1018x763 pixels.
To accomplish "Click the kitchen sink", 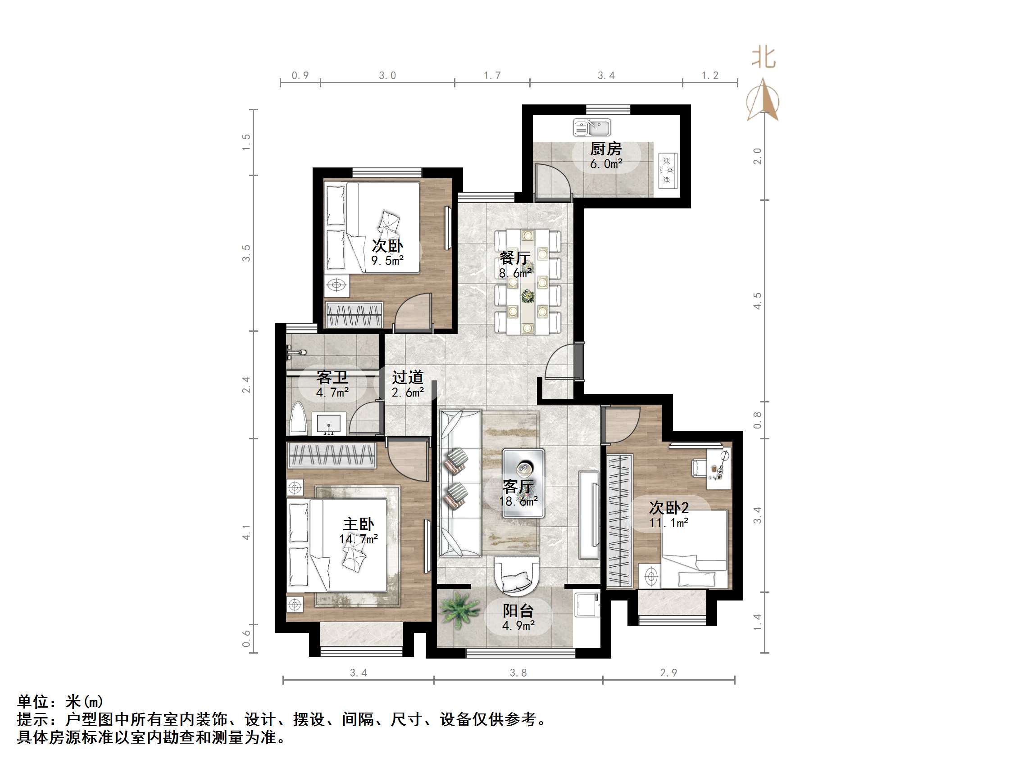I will (592, 127).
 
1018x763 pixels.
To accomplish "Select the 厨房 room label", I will (606, 149).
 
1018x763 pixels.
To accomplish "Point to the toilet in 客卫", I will (298, 419).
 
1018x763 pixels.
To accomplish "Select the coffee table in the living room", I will (523, 483).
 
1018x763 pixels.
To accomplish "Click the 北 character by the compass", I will (763, 58).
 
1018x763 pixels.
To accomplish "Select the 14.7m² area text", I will (359, 539).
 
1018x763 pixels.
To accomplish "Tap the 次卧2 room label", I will (669, 508).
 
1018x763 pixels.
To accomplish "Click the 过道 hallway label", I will (408, 378).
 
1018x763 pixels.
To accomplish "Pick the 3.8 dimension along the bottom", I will (518, 673).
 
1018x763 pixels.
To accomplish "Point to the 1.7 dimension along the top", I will (492, 76).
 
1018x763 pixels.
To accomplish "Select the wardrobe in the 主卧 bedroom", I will (332, 455).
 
